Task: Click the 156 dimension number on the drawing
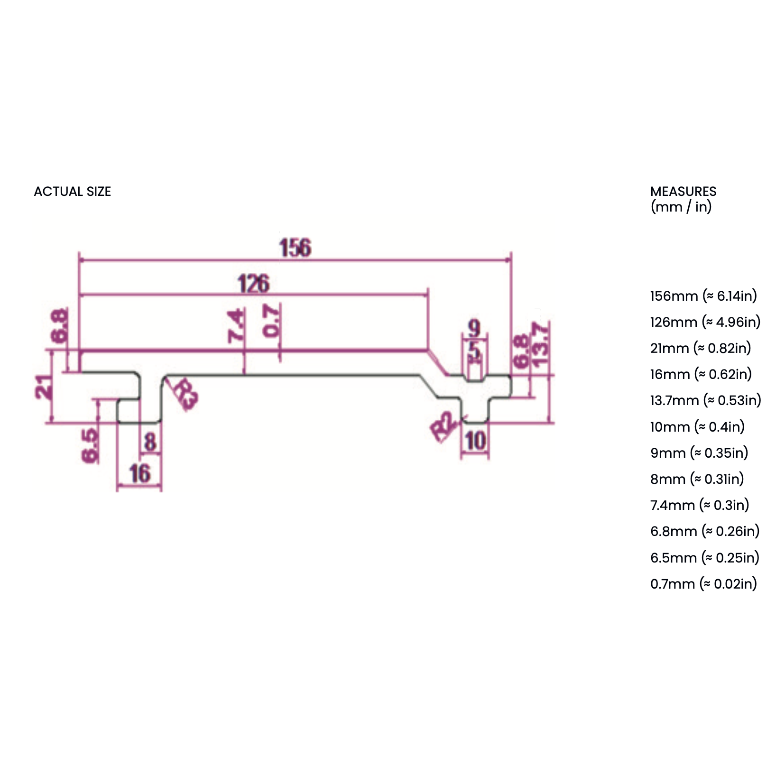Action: [295, 248]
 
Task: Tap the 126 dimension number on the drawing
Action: [253, 284]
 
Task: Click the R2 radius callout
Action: [444, 427]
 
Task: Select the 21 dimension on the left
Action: [44, 387]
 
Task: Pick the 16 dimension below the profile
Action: [139, 473]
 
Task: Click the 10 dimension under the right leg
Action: [475, 441]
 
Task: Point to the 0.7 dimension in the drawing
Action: [272, 321]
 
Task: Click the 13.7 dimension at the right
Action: [540, 344]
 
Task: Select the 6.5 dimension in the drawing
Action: [90, 445]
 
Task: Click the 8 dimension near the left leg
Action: [150, 442]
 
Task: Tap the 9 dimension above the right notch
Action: [474, 327]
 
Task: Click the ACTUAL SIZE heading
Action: [73, 192]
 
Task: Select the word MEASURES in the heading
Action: [683, 192]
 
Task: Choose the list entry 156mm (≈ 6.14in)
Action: [703, 296]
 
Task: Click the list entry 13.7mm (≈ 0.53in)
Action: [705, 400]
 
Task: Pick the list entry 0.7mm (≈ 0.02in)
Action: [703, 583]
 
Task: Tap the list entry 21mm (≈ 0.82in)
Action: [701, 348]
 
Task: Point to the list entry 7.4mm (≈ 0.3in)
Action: [700, 505]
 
